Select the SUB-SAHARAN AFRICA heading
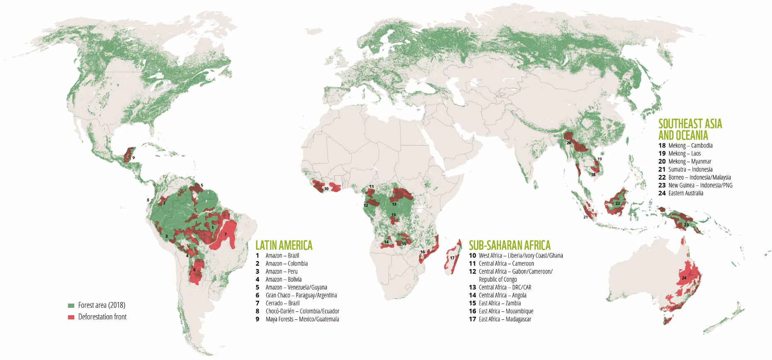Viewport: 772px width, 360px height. coord(509,244)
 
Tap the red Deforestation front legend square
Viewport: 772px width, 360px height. coord(71,317)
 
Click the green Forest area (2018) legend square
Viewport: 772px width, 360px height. coord(71,305)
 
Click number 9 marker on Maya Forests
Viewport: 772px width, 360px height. coord(134,158)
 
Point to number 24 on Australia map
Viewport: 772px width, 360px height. coord(684,277)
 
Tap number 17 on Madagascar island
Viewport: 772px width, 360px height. coord(452,258)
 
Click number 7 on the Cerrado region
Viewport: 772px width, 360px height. coord(226,234)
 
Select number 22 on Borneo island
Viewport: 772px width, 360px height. coord(617,203)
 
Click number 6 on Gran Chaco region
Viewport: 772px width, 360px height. coord(194,270)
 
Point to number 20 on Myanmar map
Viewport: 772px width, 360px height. coord(569,143)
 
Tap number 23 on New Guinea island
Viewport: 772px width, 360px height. coord(686,225)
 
